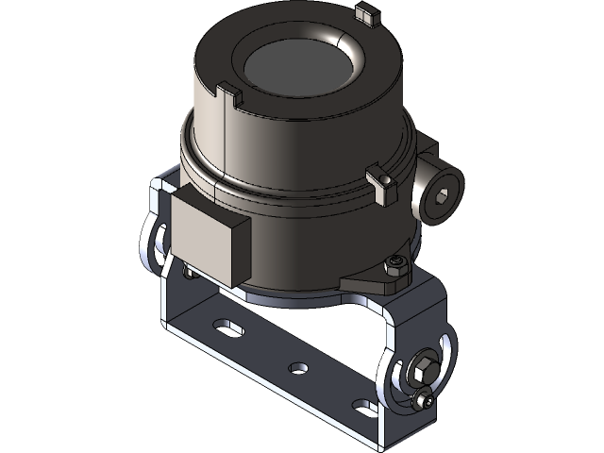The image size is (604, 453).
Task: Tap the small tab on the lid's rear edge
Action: [365, 13]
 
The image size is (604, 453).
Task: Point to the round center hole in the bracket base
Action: [298, 367]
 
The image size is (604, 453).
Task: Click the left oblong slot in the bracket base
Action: [227, 329]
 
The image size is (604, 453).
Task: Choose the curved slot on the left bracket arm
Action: [155, 241]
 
